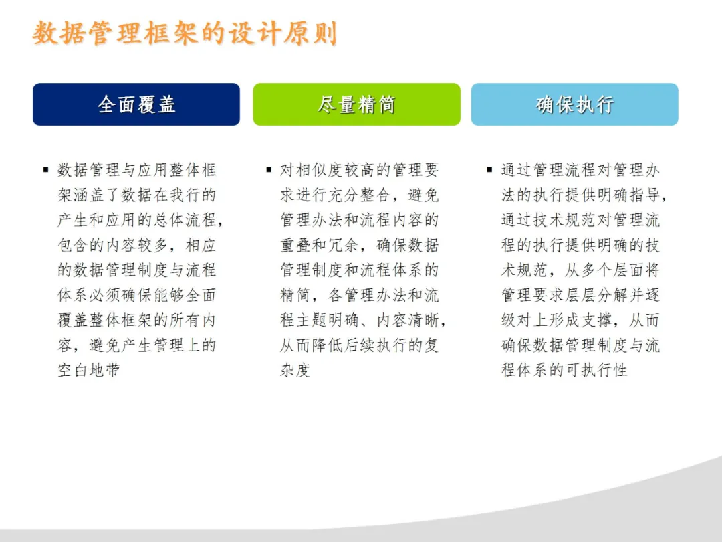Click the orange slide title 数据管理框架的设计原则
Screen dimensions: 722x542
click(x=185, y=33)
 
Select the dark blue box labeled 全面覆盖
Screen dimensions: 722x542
click(x=136, y=104)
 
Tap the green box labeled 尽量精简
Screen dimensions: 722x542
click(x=356, y=104)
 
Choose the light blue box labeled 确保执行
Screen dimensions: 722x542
click(x=575, y=104)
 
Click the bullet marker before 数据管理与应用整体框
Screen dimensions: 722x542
click(x=45, y=169)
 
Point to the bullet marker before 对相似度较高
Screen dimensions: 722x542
click(x=269, y=169)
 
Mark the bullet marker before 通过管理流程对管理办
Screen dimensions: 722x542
click(x=489, y=169)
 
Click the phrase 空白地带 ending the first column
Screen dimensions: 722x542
click(x=89, y=370)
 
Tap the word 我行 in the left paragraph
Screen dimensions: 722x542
click(x=185, y=195)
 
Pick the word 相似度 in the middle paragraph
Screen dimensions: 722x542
click(x=320, y=170)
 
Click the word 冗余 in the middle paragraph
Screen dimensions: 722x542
click(x=343, y=245)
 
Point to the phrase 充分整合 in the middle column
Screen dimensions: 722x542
click(x=360, y=195)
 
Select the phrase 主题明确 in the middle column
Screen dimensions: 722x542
click(x=328, y=321)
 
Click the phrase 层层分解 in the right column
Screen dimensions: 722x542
click(x=596, y=296)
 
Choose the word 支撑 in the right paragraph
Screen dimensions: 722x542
click(x=596, y=321)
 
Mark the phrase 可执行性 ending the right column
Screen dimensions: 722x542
click(x=596, y=370)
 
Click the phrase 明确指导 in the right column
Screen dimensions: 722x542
click(x=628, y=195)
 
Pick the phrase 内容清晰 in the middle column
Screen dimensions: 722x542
click(x=408, y=321)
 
